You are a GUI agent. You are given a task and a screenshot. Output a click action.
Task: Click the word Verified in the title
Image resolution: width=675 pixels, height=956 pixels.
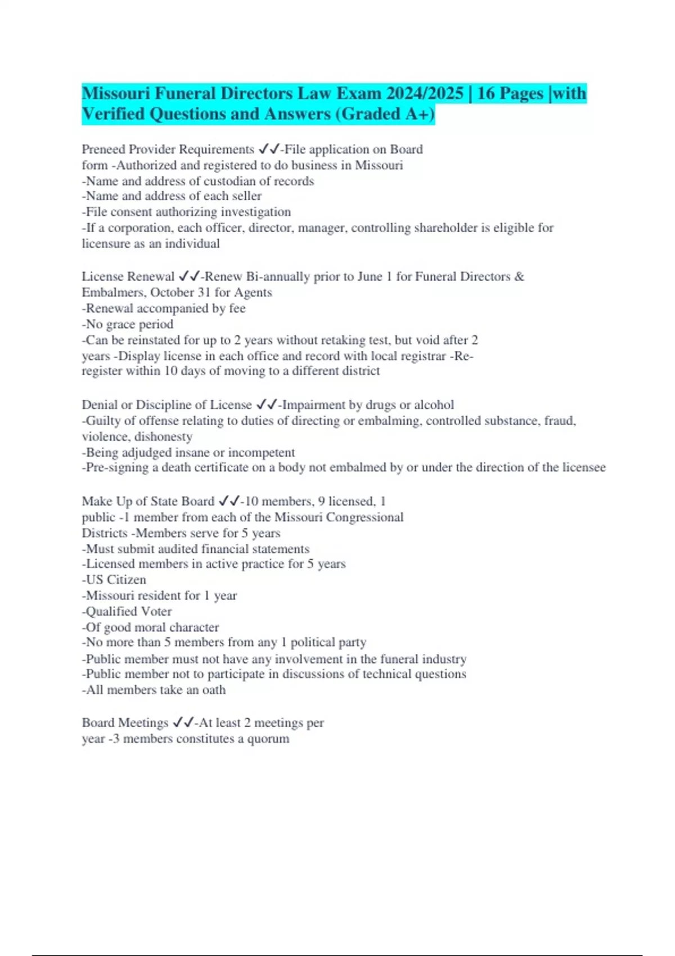113,114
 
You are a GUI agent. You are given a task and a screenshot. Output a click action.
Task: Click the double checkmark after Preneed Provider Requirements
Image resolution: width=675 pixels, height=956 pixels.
268,150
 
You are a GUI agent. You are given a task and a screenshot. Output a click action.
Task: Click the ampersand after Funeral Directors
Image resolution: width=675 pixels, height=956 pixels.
519,277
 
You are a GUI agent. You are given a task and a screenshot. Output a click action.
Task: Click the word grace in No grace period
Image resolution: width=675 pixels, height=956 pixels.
121,324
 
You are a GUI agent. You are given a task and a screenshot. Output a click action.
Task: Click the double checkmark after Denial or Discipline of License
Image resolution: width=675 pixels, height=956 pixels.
266,405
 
